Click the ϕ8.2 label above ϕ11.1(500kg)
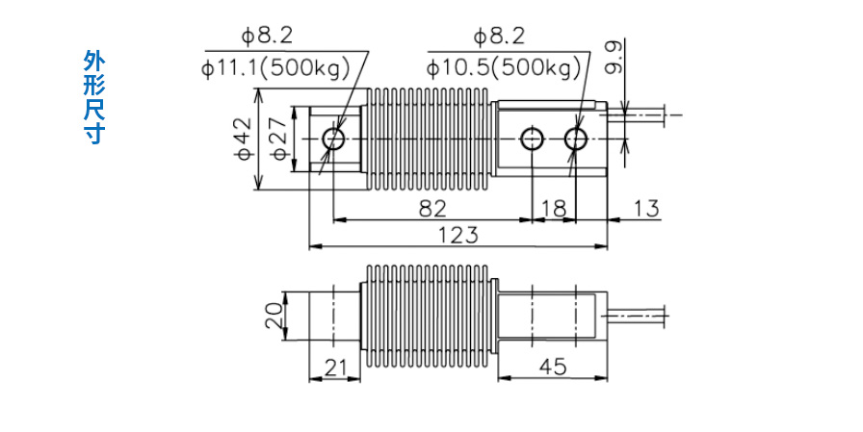point(267,38)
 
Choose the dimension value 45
point(552,367)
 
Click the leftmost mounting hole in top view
point(334,139)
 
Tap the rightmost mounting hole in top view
point(576,139)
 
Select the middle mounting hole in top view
point(532,139)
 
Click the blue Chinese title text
point(92,97)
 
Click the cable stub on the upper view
point(645,114)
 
